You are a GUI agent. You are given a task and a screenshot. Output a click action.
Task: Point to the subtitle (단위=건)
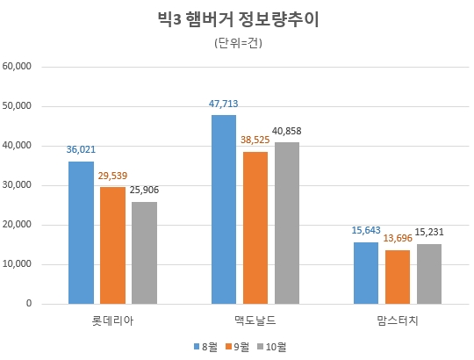pos(237,43)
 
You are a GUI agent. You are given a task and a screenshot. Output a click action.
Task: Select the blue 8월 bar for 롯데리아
pos(81,233)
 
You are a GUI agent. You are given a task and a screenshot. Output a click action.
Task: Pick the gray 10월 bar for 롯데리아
pos(144,253)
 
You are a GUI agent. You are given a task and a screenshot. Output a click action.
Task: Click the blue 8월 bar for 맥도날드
pos(224,210)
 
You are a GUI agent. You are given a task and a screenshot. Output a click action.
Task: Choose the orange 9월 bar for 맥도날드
pos(255,228)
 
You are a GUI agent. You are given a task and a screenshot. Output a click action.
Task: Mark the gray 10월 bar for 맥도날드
pos(287,223)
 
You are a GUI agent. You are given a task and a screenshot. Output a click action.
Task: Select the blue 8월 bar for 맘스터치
pos(366,273)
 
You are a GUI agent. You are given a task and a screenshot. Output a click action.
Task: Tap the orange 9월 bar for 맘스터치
pos(398,277)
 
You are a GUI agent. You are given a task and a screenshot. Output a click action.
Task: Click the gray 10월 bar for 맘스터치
pos(429,274)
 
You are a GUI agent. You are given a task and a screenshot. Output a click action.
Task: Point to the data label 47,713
pos(224,104)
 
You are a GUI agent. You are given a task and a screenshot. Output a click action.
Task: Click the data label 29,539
pos(112,176)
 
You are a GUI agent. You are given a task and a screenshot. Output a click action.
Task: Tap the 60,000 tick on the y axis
pos(18,66)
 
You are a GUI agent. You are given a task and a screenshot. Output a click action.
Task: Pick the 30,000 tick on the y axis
pos(18,185)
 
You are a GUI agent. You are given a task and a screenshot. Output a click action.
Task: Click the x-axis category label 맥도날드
pos(255,320)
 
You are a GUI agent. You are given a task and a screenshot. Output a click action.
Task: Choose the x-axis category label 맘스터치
pos(398,320)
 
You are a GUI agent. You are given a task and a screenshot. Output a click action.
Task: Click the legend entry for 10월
pos(273,347)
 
